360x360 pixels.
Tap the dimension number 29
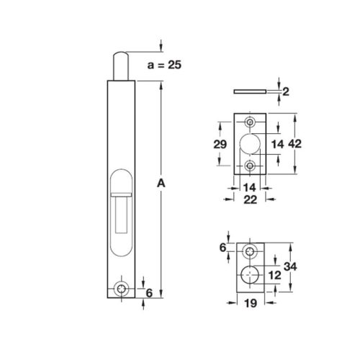(x=222, y=144)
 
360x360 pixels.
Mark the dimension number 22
(x=250, y=203)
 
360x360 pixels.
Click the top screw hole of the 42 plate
(x=251, y=120)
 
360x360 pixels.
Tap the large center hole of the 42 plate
(x=251, y=143)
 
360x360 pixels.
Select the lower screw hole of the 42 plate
(x=251, y=166)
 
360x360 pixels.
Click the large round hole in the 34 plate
(x=251, y=274)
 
